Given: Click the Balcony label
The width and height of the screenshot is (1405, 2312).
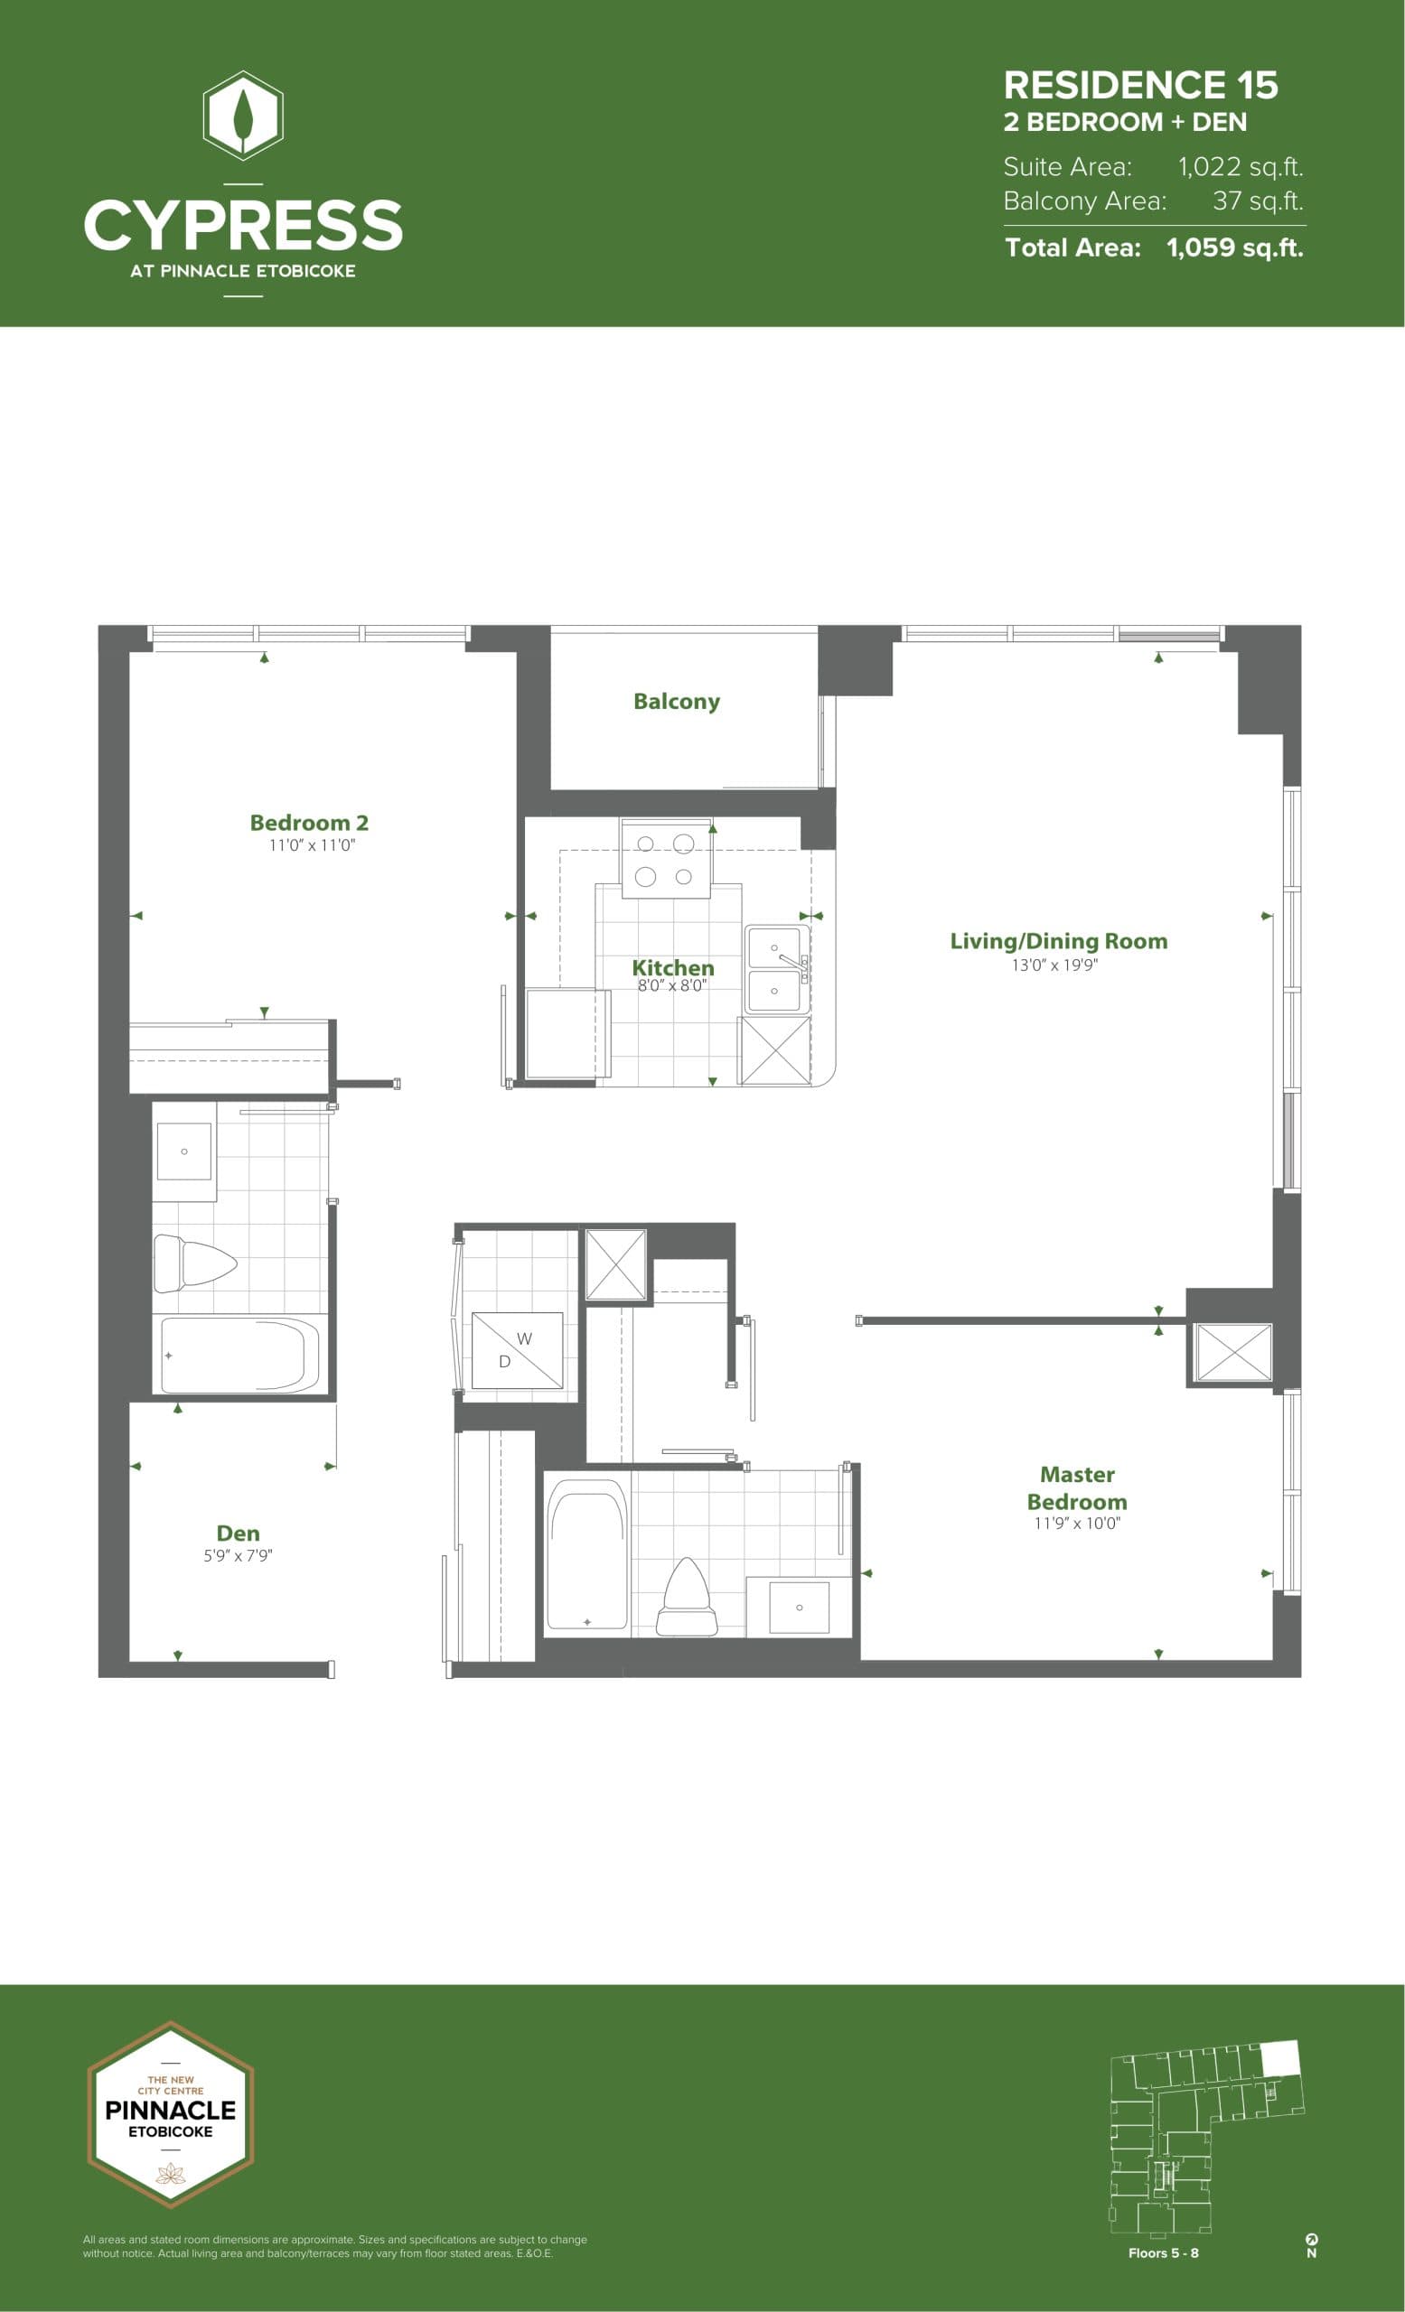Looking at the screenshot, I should click(676, 702).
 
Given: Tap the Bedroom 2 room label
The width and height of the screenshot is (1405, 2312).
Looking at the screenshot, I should click(309, 823).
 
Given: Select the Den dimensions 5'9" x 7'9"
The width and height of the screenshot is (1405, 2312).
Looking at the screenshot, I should click(239, 1555).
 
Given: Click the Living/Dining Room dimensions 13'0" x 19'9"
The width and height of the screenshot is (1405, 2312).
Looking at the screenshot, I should click(1054, 965).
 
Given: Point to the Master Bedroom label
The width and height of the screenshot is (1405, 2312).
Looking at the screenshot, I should click(1076, 1487).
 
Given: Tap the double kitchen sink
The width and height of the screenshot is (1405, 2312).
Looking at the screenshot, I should click(775, 969).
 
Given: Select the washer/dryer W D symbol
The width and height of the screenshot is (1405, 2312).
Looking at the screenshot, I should click(516, 1350).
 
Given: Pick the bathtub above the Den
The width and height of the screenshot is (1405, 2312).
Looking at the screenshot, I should click(239, 1356).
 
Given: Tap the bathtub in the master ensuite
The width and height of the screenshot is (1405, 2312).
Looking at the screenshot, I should click(587, 1555).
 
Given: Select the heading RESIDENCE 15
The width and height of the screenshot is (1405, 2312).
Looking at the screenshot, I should click(1140, 86).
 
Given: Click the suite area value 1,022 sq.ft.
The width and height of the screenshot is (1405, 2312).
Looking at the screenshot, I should click(1241, 167).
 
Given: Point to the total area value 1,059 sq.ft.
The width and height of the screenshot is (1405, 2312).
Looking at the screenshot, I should click(1234, 247).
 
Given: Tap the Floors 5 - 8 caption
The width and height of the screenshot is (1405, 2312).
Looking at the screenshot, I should click(1163, 2253).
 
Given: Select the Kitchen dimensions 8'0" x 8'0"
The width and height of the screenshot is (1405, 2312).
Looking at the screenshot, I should click(672, 986).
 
